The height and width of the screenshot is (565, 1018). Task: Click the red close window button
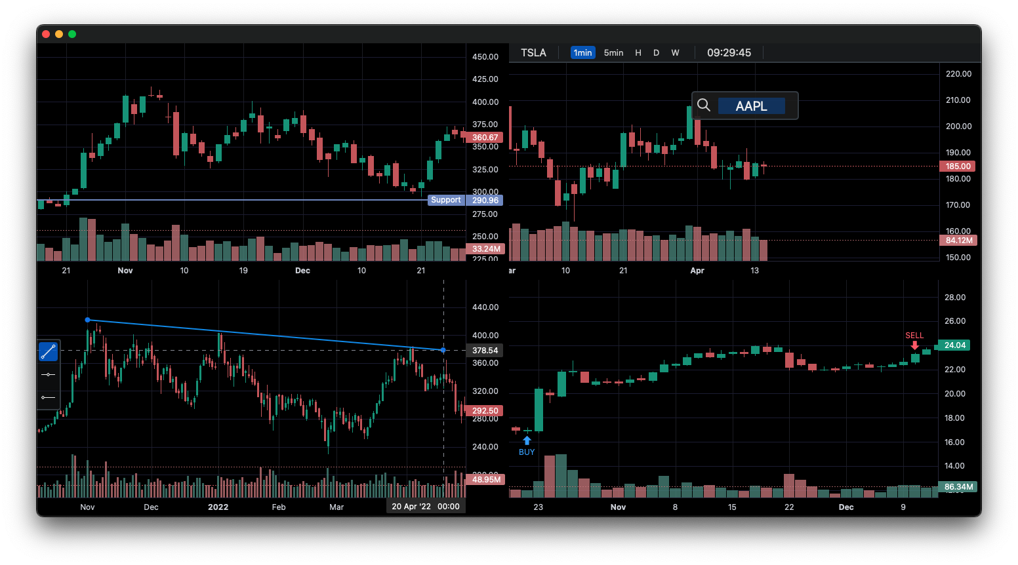pyautogui.click(x=46, y=34)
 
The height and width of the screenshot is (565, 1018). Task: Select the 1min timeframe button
pyautogui.click(x=582, y=52)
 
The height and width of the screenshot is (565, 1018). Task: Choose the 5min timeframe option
pyautogui.click(x=613, y=52)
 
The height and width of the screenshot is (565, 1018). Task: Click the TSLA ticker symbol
pyautogui.click(x=533, y=52)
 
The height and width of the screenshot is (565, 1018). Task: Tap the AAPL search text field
pyautogui.click(x=751, y=106)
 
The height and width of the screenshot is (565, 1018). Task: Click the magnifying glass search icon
pyautogui.click(x=704, y=106)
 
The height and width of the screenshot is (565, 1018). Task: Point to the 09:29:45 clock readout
pyautogui.click(x=729, y=52)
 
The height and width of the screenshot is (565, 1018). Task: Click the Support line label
pyautogui.click(x=446, y=200)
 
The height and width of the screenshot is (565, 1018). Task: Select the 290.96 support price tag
pyautogui.click(x=485, y=200)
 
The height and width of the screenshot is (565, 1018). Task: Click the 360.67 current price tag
pyautogui.click(x=485, y=138)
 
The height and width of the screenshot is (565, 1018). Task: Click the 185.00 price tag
pyautogui.click(x=958, y=166)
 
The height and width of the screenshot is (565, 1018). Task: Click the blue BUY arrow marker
pyautogui.click(x=527, y=440)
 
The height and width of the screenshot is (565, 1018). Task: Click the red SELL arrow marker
pyautogui.click(x=914, y=345)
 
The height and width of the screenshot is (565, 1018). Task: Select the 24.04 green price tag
pyautogui.click(x=954, y=345)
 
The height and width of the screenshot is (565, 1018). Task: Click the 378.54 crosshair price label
pyautogui.click(x=485, y=351)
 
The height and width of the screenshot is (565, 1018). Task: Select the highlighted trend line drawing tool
pyautogui.click(x=48, y=352)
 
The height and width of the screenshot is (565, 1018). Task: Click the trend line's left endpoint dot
pyautogui.click(x=88, y=320)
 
